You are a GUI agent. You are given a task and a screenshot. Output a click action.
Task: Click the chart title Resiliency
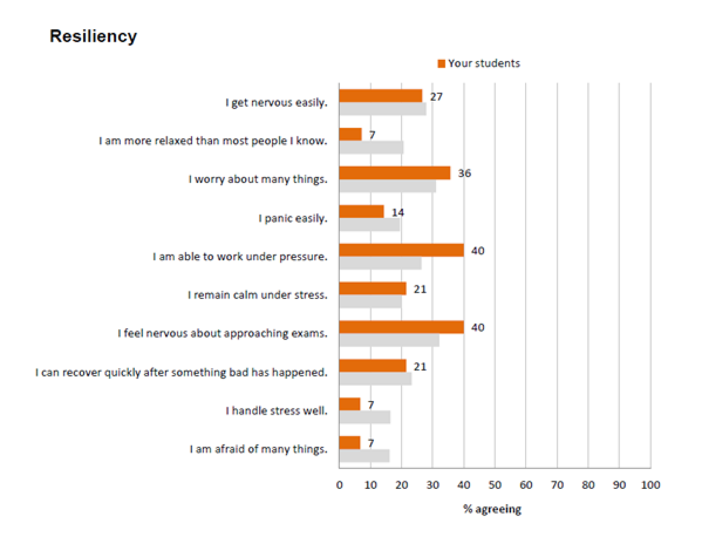(x=93, y=36)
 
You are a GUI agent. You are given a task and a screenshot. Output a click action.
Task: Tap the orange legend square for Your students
(x=441, y=64)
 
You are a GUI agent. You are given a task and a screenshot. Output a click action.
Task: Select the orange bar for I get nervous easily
(x=380, y=96)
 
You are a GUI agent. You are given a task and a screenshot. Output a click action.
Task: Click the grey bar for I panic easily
(x=370, y=225)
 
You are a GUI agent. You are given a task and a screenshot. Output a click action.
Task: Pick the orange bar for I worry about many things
(x=395, y=173)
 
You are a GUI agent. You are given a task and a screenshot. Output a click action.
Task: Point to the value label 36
(x=464, y=173)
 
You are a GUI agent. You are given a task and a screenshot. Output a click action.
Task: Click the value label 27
(x=436, y=97)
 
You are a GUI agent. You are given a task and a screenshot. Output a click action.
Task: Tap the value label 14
(x=398, y=212)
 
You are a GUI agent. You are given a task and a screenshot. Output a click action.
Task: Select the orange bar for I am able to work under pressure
(x=402, y=250)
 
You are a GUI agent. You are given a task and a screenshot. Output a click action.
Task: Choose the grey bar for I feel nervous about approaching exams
(x=389, y=340)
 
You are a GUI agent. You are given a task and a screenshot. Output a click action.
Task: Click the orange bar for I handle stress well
(x=350, y=404)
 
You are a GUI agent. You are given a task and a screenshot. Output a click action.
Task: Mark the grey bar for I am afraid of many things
(x=364, y=456)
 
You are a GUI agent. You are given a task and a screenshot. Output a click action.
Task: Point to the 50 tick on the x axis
(x=495, y=485)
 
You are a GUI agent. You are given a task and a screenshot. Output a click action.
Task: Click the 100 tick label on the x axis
(x=650, y=485)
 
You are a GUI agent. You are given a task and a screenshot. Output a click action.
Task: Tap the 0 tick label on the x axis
(x=339, y=485)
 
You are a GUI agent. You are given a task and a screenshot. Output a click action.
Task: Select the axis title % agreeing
(x=492, y=509)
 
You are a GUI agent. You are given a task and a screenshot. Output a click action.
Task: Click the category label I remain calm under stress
(x=257, y=295)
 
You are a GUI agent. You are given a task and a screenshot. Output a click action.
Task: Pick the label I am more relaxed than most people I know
(x=213, y=141)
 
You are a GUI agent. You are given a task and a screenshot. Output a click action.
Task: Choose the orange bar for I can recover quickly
(x=373, y=366)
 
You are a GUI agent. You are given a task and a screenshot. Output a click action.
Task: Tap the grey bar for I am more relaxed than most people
(x=371, y=148)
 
